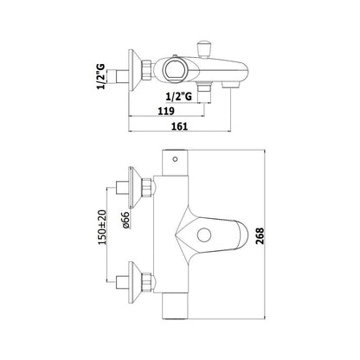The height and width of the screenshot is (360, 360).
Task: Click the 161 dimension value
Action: pyautogui.click(x=180, y=126)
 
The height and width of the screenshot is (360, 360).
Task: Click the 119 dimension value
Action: pyautogui.click(x=166, y=111)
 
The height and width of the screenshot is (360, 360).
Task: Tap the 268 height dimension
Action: pyautogui.click(x=260, y=235)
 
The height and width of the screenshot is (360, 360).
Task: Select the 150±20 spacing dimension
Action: pyautogui.click(x=102, y=228)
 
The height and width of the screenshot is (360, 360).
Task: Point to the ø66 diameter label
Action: pyautogui.click(x=126, y=221)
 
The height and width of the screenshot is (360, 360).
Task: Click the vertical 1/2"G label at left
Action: pyautogui.click(x=100, y=76)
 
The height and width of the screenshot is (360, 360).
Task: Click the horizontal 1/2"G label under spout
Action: pyautogui.click(x=179, y=96)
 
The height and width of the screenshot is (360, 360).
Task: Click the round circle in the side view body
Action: pyautogui.click(x=173, y=70)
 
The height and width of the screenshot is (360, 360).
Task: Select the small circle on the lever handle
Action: pyautogui.click(x=204, y=235)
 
